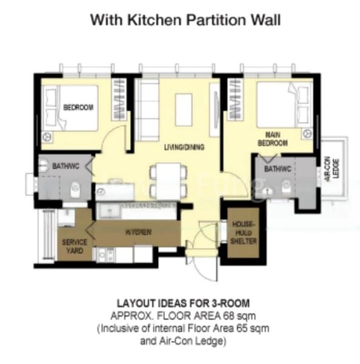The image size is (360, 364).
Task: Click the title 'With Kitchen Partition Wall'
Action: click(x=185, y=19)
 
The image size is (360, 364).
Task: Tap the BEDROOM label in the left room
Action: click(x=78, y=108)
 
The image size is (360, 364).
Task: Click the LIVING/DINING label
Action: click(x=184, y=147)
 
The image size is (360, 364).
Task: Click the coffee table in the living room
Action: click(x=184, y=109)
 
